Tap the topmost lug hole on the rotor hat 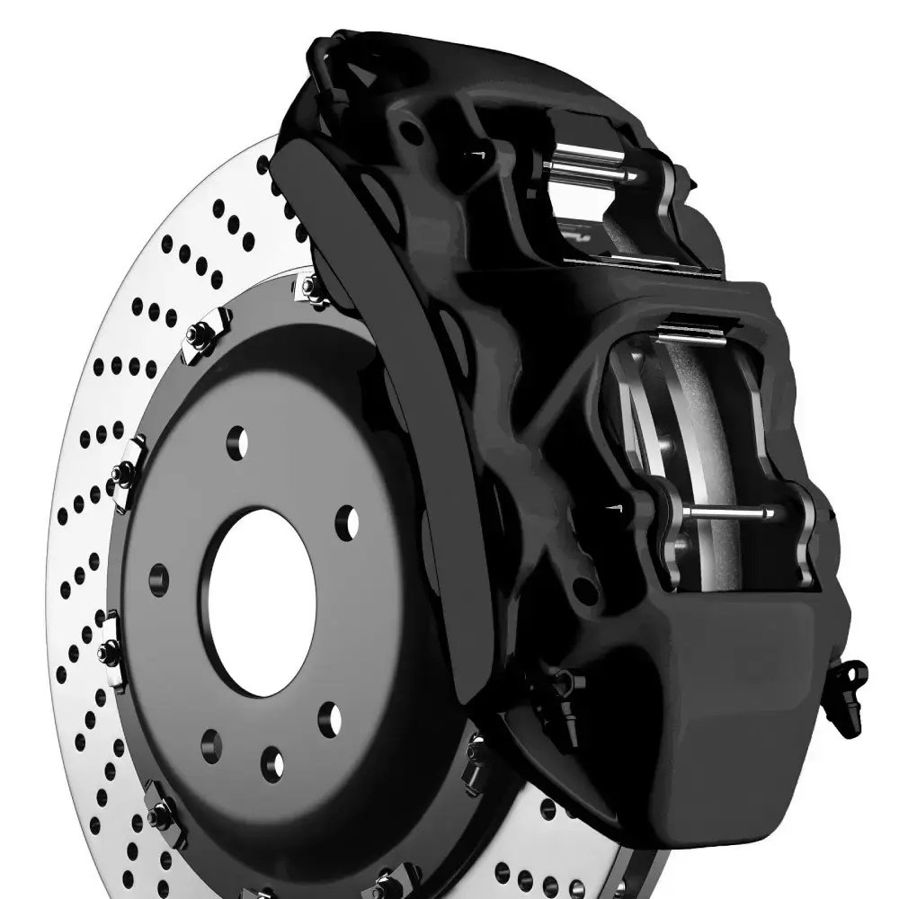pyautogui.click(x=237, y=441)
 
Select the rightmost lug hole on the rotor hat pyautogui.click(x=347, y=522)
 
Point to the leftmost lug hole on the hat pyautogui.click(x=159, y=579)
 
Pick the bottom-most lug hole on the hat pyautogui.click(x=272, y=763)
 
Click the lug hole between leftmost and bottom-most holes pyautogui.click(x=211, y=745)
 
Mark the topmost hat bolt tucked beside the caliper pyautogui.click(x=309, y=288)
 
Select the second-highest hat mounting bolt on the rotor pyautogui.click(x=200, y=335)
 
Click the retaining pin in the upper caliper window pyautogui.click(x=589, y=170)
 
